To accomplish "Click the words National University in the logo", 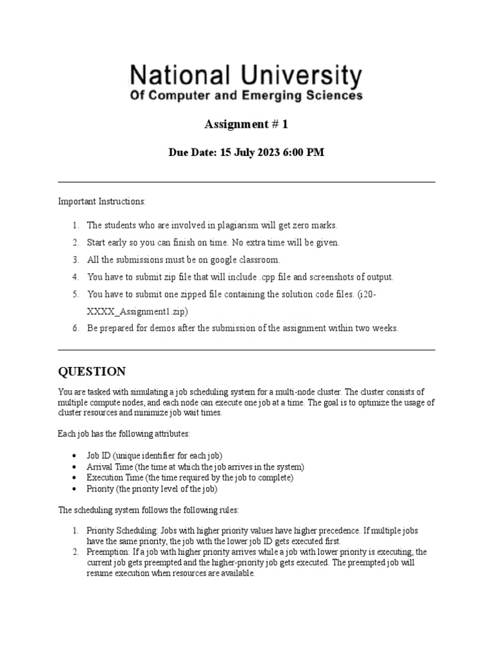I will pyautogui.click(x=246, y=76).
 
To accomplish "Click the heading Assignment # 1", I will pyautogui.click(x=246, y=124).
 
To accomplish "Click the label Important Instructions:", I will pyautogui.click(x=102, y=201).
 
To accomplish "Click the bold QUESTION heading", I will pyautogui.click(x=92, y=372).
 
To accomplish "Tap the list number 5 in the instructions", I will pyautogui.click(x=74, y=294).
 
